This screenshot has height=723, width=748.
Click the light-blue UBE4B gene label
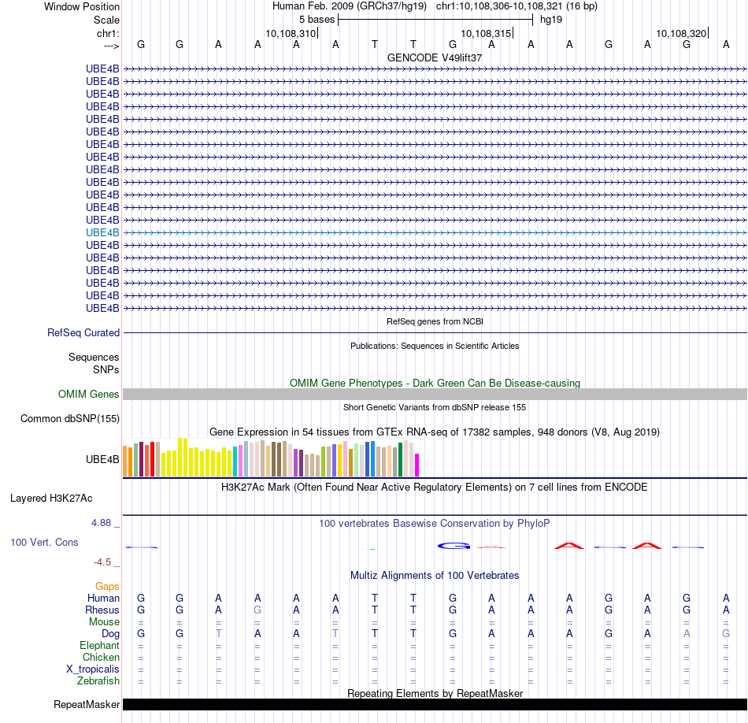102,232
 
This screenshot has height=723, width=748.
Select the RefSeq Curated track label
83,333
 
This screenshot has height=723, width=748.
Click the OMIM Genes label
89,395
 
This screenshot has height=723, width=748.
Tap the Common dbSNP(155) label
70,419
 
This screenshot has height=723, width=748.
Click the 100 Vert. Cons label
44,543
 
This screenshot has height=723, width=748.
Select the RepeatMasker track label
87,705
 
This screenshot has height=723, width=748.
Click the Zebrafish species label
99,681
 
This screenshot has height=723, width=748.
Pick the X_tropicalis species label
93,669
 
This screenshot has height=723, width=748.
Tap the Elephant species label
100,646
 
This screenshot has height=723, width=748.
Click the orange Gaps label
107,587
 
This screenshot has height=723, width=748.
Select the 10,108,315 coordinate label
485,34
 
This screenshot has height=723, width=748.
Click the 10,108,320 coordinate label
680,34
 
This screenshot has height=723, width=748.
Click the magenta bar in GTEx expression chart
417,465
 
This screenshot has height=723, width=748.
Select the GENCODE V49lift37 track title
435,57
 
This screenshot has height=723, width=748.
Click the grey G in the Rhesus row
257,610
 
